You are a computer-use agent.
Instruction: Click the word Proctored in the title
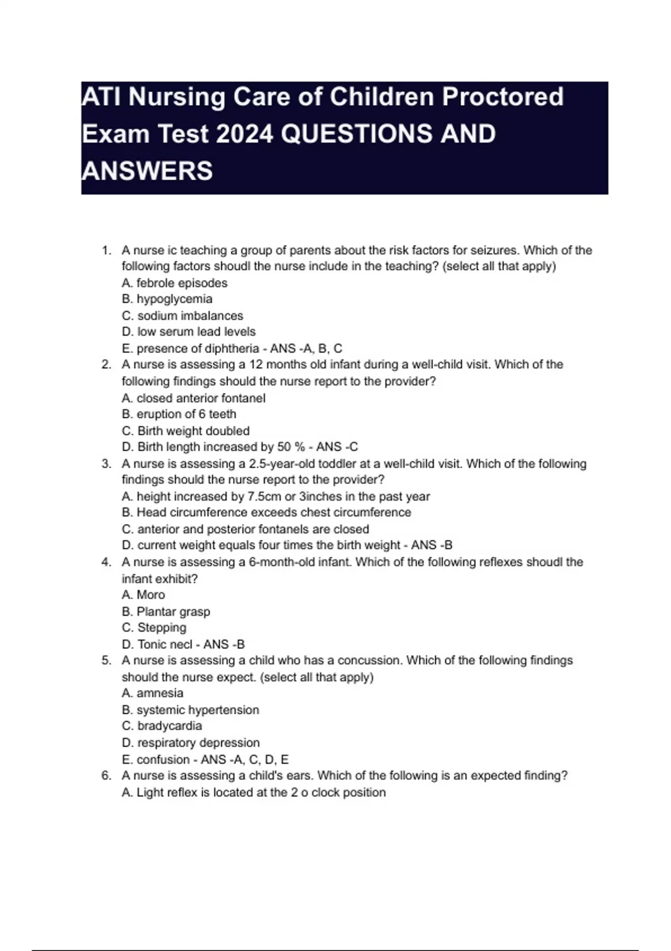click(503, 97)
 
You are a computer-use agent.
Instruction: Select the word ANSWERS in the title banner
click(147, 171)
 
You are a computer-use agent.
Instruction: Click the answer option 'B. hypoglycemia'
click(167, 299)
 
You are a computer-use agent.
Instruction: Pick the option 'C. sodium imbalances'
click(182, 316)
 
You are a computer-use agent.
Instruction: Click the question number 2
click(106, 365)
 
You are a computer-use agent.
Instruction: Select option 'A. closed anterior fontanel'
click(193, 398)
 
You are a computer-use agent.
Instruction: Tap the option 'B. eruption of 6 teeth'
click(179, 414)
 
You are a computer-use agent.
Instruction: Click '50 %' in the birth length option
click(291, 447)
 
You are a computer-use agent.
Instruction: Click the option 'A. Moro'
click(143, 595)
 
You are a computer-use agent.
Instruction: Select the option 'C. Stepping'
click(154, 628)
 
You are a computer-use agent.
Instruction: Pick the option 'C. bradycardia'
click(162, 726)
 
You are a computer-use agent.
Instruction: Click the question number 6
click(106, 776)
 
